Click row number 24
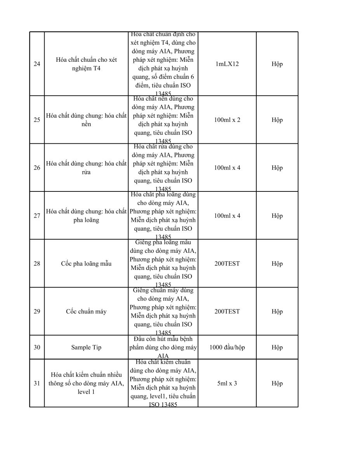pos(37,64)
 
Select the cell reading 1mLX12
pos(227,64)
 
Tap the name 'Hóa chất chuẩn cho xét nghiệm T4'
pos(86,64)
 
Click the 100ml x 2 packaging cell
pos(227,120)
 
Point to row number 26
pos(37,168)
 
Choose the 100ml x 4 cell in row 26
pos(227,168)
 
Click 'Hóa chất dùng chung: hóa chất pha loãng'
pos(86,216)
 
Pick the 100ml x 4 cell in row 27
pos(227,216)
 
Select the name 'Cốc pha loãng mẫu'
pos(86,264)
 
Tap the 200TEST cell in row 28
pos(227,264)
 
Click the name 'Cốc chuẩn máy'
pos(86,311)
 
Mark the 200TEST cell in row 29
pos(227,311)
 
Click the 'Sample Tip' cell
pos(86,348)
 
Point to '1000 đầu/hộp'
pos(227,348)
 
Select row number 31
pos(37,384)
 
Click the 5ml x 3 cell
pos(227,384)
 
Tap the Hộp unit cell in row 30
pos(277,348)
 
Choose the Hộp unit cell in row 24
pos(277,64)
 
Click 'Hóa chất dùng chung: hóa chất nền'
pos(86,120)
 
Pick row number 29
pos(37,311)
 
